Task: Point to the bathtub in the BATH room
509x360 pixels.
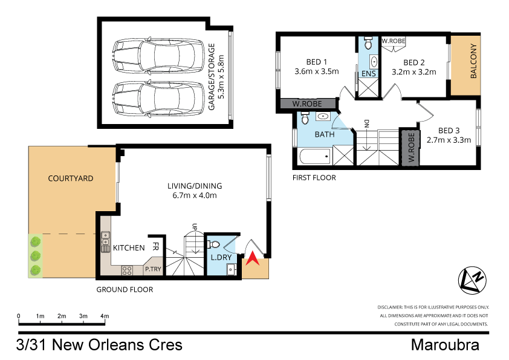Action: (x=314, y=159)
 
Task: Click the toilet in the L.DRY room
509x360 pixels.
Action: (x=213, y=244)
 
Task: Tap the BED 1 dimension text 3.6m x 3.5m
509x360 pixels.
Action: (x=316, y=71)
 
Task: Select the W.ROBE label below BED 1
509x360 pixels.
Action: (x=306, y=104)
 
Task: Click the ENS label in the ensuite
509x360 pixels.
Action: (x=368, y=73)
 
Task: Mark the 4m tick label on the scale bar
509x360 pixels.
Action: (x=105, y=316)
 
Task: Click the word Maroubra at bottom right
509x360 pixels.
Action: (x=446, y=345)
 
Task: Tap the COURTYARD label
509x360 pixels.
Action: (x=71, y=178)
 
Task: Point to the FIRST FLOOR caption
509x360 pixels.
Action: (x=314, y=178)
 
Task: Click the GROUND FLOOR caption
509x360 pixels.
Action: (x=125, y=290)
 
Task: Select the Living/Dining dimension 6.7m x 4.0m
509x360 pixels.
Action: (x=192, y=195)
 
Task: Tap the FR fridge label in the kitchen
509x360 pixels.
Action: (x=155, y=247)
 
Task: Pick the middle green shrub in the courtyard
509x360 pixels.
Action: (x=36, y=256)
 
